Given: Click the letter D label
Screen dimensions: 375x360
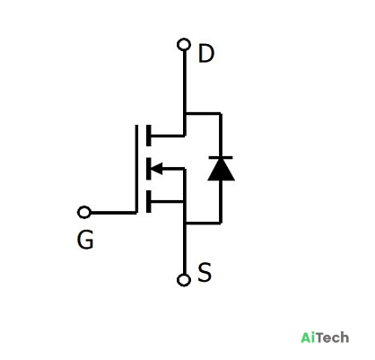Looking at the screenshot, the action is [x=206, y=54].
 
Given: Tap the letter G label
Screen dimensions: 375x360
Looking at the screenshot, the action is [x=85, y=240].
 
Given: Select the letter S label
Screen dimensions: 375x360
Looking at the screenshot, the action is [x=205, y=272].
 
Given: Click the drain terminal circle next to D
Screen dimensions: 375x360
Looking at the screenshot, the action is [x=184, y=45].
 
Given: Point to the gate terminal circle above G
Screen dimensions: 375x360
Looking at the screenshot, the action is [x=84, y=212].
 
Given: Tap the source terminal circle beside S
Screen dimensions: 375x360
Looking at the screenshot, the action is [x=184, y=280].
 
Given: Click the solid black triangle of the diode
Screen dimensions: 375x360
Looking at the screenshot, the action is [x=221, y=170].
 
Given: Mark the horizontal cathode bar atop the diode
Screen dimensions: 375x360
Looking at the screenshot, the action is [x=221, y=157].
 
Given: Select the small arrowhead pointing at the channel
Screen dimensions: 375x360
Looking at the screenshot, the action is [x=157, y=169].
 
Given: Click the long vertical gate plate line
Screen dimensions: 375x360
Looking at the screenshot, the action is [x=136, y=169].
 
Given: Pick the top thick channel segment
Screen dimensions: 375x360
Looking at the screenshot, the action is [x=149, y=136].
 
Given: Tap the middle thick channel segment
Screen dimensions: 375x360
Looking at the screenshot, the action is [x=149, y=169].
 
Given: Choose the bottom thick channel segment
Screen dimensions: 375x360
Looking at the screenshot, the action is [x=149, y=201].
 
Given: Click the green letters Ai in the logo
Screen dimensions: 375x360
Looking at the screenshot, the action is [x=308, y=338].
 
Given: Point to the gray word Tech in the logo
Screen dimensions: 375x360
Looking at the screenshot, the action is [x=332, y=338].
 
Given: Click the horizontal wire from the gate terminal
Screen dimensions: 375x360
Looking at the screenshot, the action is [x=113, y=213].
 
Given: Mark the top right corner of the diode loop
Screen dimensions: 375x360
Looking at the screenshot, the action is [x=221, y=113].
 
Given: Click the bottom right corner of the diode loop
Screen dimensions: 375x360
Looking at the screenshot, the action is [x=221, y=223].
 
